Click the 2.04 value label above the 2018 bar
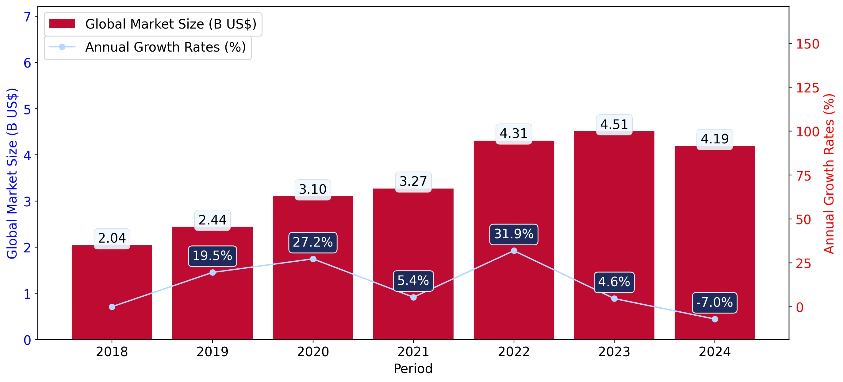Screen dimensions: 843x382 point(112,239)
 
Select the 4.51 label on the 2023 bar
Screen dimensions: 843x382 point(614,125)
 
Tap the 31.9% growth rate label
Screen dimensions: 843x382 point(513,234)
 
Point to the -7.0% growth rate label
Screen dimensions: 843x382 point(715,303)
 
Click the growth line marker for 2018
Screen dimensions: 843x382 point(112,307)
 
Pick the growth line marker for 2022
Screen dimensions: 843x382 point(514,251)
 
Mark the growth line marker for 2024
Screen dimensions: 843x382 point(715,319)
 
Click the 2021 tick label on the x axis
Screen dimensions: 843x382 point(413,352)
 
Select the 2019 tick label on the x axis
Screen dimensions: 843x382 point(213,352)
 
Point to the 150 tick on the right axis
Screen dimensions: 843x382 point(807,44)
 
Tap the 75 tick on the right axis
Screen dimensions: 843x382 point(803,176)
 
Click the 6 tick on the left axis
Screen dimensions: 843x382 point(27,63)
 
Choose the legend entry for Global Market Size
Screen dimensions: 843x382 point(153,24)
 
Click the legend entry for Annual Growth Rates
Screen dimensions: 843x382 point(147,48)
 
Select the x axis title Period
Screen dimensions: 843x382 point(413,369)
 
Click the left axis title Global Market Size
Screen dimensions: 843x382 point(12,173)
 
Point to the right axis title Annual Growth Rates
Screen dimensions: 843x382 point(829,173)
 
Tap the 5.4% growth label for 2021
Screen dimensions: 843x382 point(413,281)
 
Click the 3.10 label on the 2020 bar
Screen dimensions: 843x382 point(312,190)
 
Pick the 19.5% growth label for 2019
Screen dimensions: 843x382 point(213,256)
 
